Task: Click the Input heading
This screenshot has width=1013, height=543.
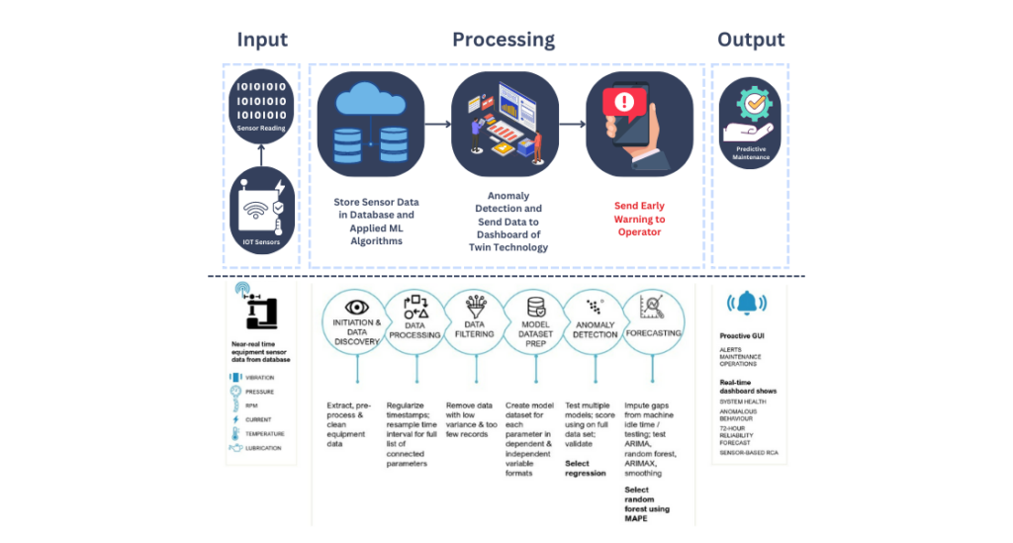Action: tap(262, 40)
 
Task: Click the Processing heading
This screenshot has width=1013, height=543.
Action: tap(504, 40)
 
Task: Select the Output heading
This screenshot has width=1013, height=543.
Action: tap(750, 40)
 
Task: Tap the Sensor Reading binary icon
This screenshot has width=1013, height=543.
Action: tap(261, 104)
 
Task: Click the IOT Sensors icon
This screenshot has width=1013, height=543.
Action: tap(262, 211)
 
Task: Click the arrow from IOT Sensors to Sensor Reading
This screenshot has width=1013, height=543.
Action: tap(261, 155)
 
